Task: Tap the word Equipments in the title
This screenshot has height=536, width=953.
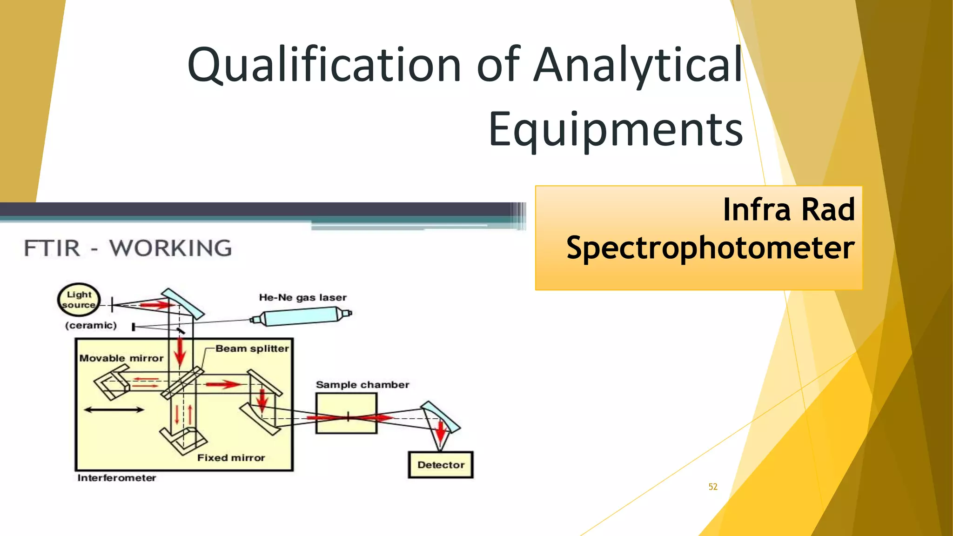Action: tap(615, 129)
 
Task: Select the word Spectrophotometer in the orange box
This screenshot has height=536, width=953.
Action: tap(710, 248)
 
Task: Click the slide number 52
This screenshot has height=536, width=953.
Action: tap(713, 487)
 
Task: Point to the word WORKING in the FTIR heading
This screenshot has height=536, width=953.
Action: tap(170, 248)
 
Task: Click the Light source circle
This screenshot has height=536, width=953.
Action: tap(79, 300)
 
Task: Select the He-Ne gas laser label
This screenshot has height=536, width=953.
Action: tap(302, 297)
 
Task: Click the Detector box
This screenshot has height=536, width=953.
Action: tap(440, 465)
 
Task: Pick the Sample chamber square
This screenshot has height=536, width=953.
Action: tap(346, 413)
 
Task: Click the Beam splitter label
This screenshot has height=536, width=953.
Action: tap(252, 348)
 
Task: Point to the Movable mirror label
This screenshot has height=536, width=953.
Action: tap(121, 358)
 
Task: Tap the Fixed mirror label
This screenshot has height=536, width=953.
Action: tap(231, 458)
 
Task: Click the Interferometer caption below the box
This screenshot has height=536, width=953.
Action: tap(116, 478)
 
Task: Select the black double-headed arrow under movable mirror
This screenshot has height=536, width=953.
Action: tap(114, 410)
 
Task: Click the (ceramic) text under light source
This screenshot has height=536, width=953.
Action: tap(91, 325)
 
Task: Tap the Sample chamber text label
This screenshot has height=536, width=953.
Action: tap(362, 385)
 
